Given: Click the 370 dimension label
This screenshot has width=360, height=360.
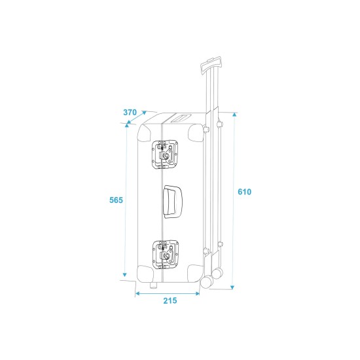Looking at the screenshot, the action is [x=130, y=113].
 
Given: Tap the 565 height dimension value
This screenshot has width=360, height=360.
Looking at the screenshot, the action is [x=116, y=200].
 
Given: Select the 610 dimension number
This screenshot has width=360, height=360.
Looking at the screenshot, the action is [x=245, y=192].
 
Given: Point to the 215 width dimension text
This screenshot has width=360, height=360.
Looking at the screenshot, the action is [x=170, y=300].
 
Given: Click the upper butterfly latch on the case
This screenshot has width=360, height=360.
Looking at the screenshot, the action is [x=165, y=154].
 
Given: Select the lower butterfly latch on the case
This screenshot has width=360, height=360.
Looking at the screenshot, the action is [x=166, y=255].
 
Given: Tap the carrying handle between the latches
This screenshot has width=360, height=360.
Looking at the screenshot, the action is [x=172, y=202].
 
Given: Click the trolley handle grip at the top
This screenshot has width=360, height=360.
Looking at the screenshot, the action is [x=211, y=65].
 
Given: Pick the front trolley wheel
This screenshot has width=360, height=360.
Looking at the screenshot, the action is [x=207, y=281].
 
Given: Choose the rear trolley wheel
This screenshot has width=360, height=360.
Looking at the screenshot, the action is [x=217, y=273].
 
